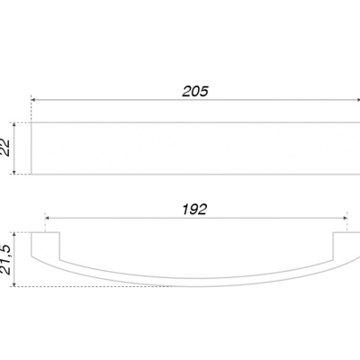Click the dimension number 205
coord(195,92)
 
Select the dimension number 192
coord(194,210)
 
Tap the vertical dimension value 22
coord(5,148)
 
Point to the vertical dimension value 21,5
coord(5,260)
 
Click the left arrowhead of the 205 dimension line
coord(33,100)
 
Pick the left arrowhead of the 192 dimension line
coord(47,218)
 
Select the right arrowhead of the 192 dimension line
coord(345,218)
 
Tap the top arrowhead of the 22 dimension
coord(14,124)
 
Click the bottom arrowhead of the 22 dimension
coord(14,172)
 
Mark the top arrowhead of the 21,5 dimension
coord(14,235)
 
